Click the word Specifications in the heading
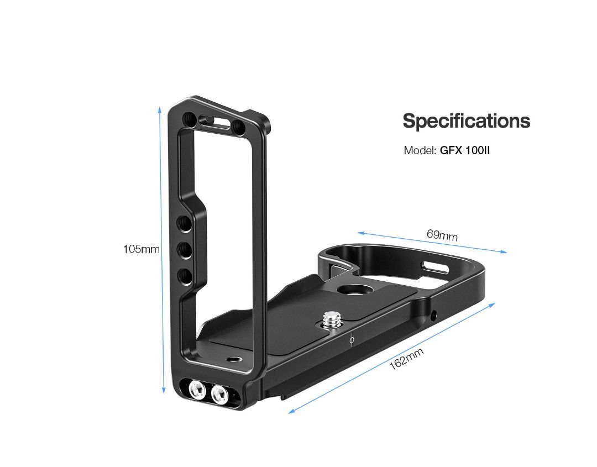pyautogui.click(x=466, y=121)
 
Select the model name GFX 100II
pyautogui.click(x=465, y=150)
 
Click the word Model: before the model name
pyautogui.click(x=420, y=150)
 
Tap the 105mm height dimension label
pyautogui.click(x=141, y=249)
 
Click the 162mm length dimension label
pyautogui.click(x=406, y=360)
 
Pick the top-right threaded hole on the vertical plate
pyautogui.click(x=239, y=127)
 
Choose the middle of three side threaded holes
pyautogui.click(x=184, y=250)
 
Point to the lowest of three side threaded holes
pyautogui.click(x=184, y=275)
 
